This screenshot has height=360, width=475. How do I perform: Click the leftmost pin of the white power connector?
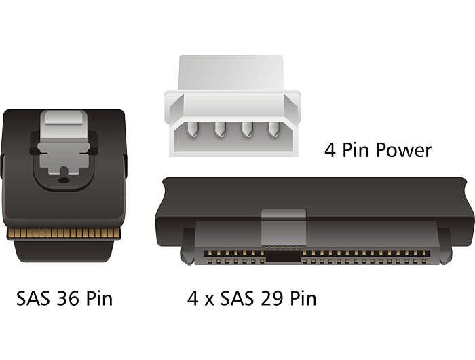click(x=192, y=130)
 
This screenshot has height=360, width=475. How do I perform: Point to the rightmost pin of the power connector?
click(x=273, y=130)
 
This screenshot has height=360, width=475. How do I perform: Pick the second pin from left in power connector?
click(x=219, y=130)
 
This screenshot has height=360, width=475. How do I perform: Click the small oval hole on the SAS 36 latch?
click(x=63, y=181)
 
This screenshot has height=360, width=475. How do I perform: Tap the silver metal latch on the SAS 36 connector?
click(x=64, y=143)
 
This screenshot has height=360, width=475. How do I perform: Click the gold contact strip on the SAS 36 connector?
click(x=64, y=233)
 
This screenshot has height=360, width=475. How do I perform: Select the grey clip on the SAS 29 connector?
click(x=284, y=227)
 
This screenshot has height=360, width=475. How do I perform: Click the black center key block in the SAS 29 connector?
click(x=283, y=256)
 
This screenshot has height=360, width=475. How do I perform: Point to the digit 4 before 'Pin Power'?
click(x=330, y=150)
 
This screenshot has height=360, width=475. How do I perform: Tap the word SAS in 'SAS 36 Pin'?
click(x=33, y=298)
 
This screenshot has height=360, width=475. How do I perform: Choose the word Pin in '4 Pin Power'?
click(x=356, y=150)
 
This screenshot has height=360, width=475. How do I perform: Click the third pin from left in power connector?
click(x=246, y=130)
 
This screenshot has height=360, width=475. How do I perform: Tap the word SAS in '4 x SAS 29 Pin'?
click(x=236, y=298)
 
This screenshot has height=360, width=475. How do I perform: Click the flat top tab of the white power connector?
click(x=231, y=73)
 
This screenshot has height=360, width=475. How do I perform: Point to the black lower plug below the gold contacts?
click(x=64, y=250)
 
